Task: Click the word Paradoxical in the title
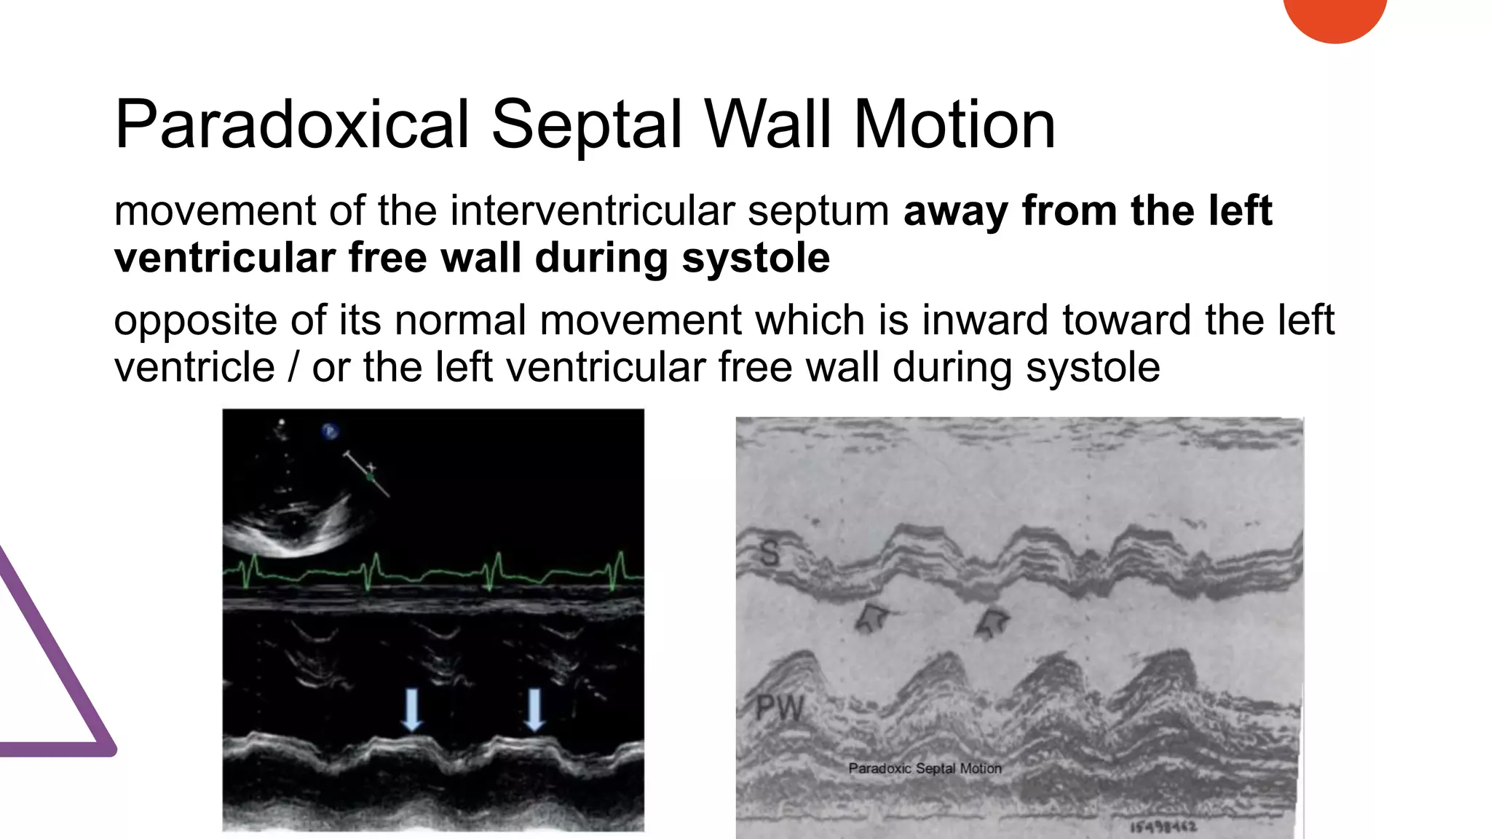[291, 125]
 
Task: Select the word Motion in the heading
[954, 125]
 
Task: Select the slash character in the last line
[293, 367]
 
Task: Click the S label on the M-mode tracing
[770, 554]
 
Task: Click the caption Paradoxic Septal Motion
[925, 768]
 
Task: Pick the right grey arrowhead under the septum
[992, 621]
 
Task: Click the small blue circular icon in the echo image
[330, 431]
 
